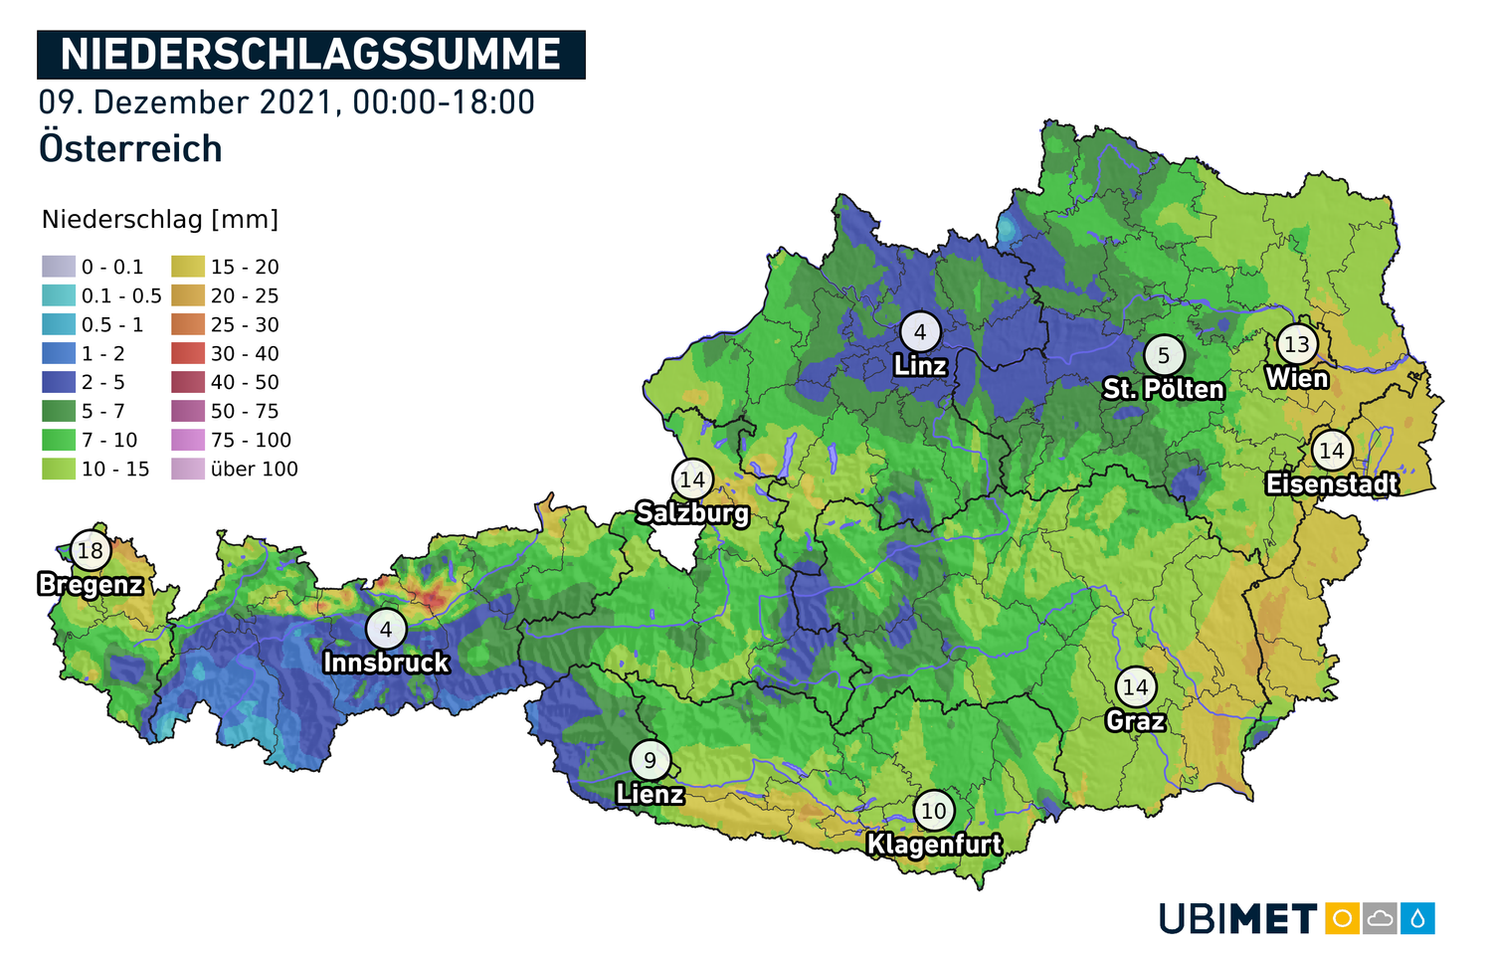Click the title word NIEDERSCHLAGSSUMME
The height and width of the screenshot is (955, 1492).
coord(310,55)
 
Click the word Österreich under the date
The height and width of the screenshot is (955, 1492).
coord(130,148)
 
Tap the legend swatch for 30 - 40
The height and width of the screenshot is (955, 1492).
coord(188,353)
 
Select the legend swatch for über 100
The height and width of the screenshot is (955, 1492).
coord(188,469)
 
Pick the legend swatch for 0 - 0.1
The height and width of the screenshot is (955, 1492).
coord(59,267)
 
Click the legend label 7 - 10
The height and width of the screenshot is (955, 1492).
coord(109,440)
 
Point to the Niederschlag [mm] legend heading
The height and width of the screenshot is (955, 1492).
coord(160,219)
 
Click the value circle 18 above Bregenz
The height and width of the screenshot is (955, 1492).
coord(91,550)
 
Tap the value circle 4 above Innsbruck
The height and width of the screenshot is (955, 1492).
coord(386,629)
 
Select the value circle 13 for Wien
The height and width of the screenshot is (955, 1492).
coord(1297,344)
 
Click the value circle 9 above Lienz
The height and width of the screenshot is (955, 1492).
coord(650,761)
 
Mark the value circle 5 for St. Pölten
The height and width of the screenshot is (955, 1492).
coord(1164,355)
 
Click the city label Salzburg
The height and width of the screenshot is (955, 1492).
coord(692,513)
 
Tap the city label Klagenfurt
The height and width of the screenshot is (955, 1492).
coord(934,845)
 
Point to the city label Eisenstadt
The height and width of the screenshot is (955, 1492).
coord(1332,484)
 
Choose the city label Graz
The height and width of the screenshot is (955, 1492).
coord(1135,720)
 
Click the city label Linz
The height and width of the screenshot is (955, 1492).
coord(920,366)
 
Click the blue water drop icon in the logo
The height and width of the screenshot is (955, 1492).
coord(1417,918)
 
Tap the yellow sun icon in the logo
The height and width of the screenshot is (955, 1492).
coord(1342,918)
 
